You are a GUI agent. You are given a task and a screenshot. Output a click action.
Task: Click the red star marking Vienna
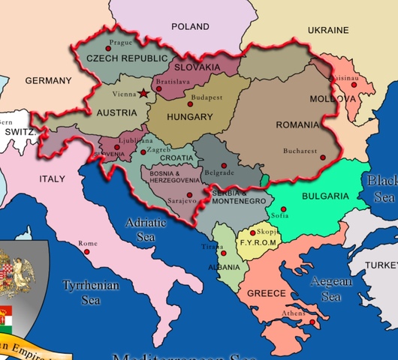143,94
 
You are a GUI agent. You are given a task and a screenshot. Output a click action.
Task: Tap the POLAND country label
190,26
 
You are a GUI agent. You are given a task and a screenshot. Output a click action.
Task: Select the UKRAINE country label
329,30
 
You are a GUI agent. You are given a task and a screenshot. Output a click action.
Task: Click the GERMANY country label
48,80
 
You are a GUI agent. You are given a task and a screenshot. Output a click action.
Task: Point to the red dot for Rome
87,252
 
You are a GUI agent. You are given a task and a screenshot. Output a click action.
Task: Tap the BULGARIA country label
325,196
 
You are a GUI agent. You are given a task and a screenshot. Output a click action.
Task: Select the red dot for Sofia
283,209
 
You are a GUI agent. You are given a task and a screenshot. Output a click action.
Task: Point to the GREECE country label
267,293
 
